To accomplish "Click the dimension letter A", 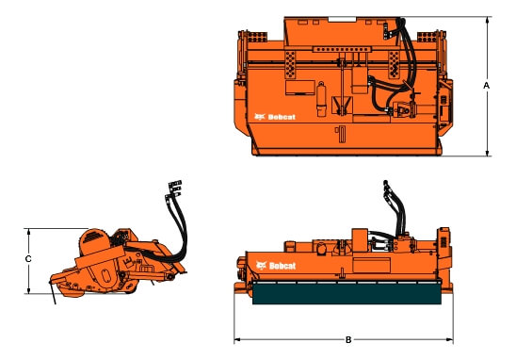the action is [487, 86].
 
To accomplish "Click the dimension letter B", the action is [348, 339].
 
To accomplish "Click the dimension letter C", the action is [28, 259].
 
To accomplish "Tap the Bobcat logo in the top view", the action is [275, 117].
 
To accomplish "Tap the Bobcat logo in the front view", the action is [276, 266].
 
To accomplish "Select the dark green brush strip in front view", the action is [347, 293].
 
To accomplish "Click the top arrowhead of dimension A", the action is [488, 21].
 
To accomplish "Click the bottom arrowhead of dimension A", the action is [488, 152].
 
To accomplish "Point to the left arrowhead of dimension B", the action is [238, 339].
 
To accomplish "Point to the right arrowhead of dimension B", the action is [449, 339].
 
